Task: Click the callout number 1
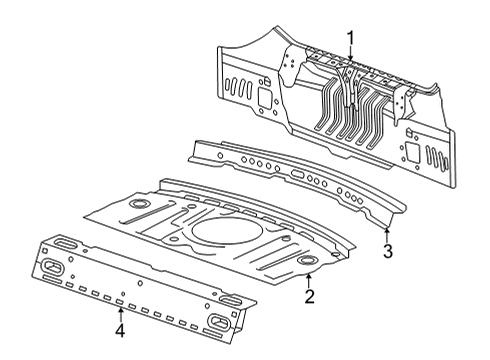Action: tap(350, 39)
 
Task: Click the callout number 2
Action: tap(309, 296)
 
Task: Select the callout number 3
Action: tap(387, 251)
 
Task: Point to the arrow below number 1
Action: tap(350, 55)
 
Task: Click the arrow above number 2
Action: tap(309, 281)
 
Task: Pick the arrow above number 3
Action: tap(387, 235)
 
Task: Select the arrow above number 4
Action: tap(120, 315)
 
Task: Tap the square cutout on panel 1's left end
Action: tap(265, 98)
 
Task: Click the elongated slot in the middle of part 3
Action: tap(299, 174)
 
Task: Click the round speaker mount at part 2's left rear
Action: tap(139, 203)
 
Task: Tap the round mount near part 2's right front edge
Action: tap(307, 260)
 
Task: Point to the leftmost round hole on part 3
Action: tap(220, 155)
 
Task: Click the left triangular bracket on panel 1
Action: tap(289, 65)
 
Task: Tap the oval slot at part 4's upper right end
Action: tap(230, 299)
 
